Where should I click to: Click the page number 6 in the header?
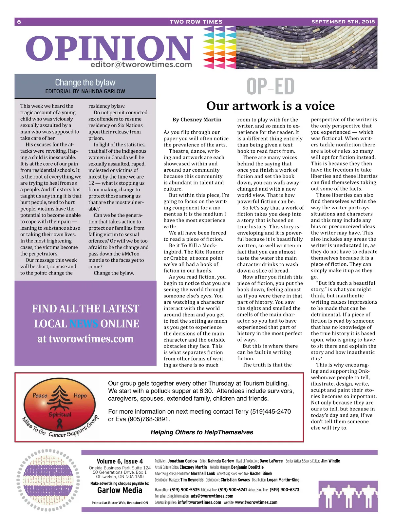pos(19,22)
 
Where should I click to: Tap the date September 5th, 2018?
pos(343,22)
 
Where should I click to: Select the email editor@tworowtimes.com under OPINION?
pos(141,65)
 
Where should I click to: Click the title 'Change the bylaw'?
pos(85,82)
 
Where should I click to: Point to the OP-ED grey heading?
pos(270,86)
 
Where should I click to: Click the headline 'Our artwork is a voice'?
pos(270,106)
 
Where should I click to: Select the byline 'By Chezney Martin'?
pos(197,120)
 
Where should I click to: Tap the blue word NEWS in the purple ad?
pos(84,324)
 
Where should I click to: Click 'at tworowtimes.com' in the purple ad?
pos(85,339)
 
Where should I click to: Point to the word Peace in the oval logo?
pos(40,395)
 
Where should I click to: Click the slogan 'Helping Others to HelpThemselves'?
pos(202,432)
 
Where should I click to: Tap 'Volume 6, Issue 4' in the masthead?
pos(120,461)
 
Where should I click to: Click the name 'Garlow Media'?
pos(120,490)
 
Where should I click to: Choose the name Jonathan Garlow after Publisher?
pos(182,461)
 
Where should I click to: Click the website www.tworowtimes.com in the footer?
pos(256,502)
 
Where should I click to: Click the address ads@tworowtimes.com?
pos(212,496)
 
